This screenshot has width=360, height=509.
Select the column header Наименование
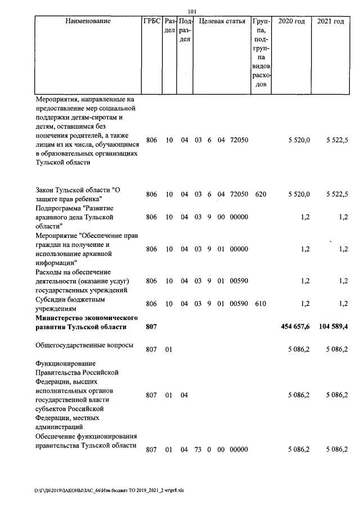pos(88,22)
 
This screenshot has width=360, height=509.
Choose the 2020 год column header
pos(291,22)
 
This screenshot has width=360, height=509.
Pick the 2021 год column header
pos(331,22)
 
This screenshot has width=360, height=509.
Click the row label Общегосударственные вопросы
pos(84,345)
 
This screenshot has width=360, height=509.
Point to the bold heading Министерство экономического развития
pos(87,322)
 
